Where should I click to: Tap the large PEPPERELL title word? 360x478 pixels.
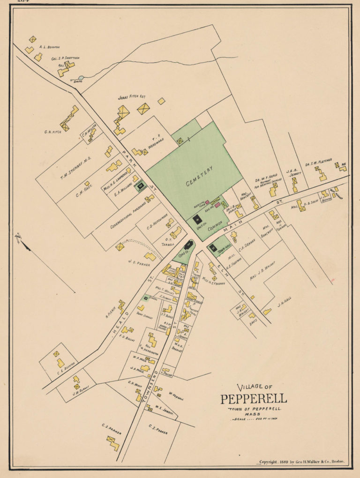pyautogui.click(x=254, y=399)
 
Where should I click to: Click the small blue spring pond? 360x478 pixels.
pyautogui.click(x=81, y=78)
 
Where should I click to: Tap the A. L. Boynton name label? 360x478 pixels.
pyautogui.click(x=49, y=47)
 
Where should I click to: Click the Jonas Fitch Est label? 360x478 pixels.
pyautogui.click(x=132, y=97)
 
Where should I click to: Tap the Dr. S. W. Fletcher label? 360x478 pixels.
pyautogui.click(x=318, y=162)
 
